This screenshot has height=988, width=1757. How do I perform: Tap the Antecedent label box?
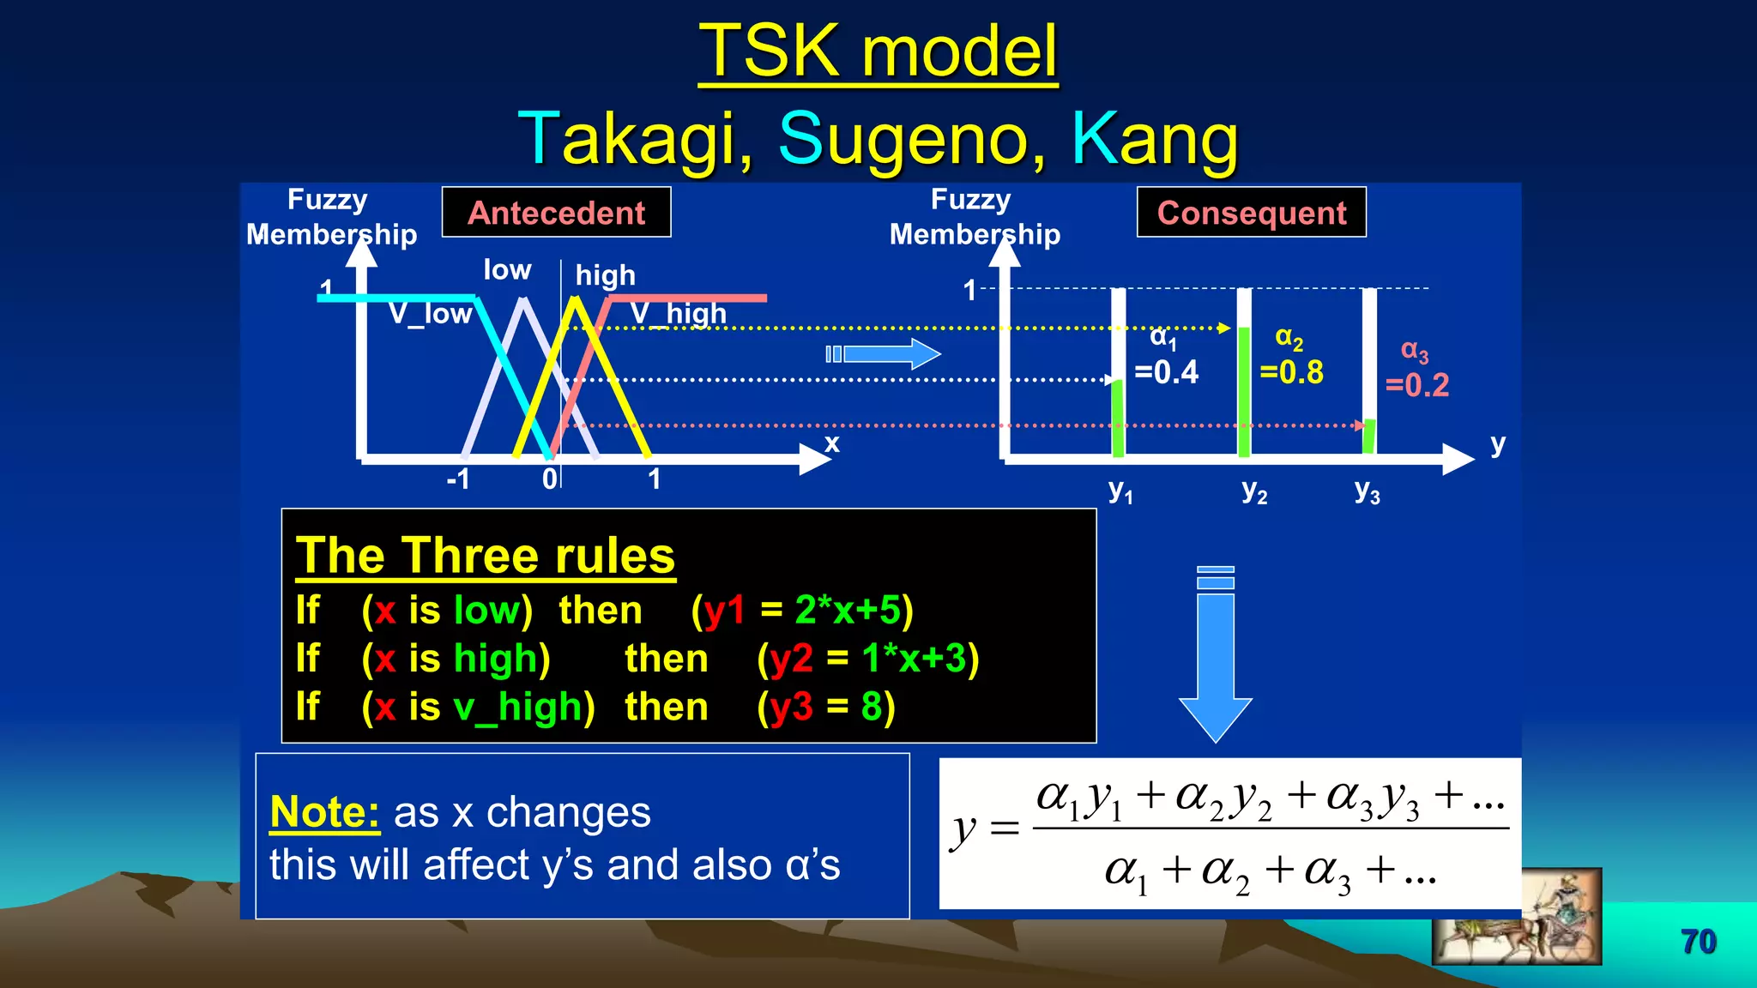pos(556,213)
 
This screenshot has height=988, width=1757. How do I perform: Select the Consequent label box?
pos(1251,213)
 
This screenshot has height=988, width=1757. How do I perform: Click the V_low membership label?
pos(430,314)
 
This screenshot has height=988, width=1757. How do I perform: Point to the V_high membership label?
pos(678,314)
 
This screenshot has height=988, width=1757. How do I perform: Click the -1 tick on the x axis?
pos(458,479)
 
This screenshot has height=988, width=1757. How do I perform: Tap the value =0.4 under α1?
pos(1166,372)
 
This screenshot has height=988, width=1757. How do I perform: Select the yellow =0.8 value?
pos(1291,372)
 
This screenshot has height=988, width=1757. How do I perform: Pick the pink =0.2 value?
pos(1417,385)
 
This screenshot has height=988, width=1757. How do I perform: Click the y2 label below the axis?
pos(1254,491)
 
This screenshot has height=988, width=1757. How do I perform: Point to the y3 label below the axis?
pos(1367,491)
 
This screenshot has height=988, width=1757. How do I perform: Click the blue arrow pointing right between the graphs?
pos(884,353)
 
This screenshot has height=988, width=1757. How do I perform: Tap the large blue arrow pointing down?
pos(1216,656)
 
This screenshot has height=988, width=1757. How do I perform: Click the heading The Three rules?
pos(485,556)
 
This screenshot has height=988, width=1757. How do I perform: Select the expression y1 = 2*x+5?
pos(802,611)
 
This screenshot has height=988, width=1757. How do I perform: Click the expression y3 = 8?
pos(825,708)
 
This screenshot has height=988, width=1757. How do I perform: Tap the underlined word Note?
pos(324,812)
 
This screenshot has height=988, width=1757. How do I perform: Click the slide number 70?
pos(1698,942)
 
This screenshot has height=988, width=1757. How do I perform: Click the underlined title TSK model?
pos(878,51)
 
